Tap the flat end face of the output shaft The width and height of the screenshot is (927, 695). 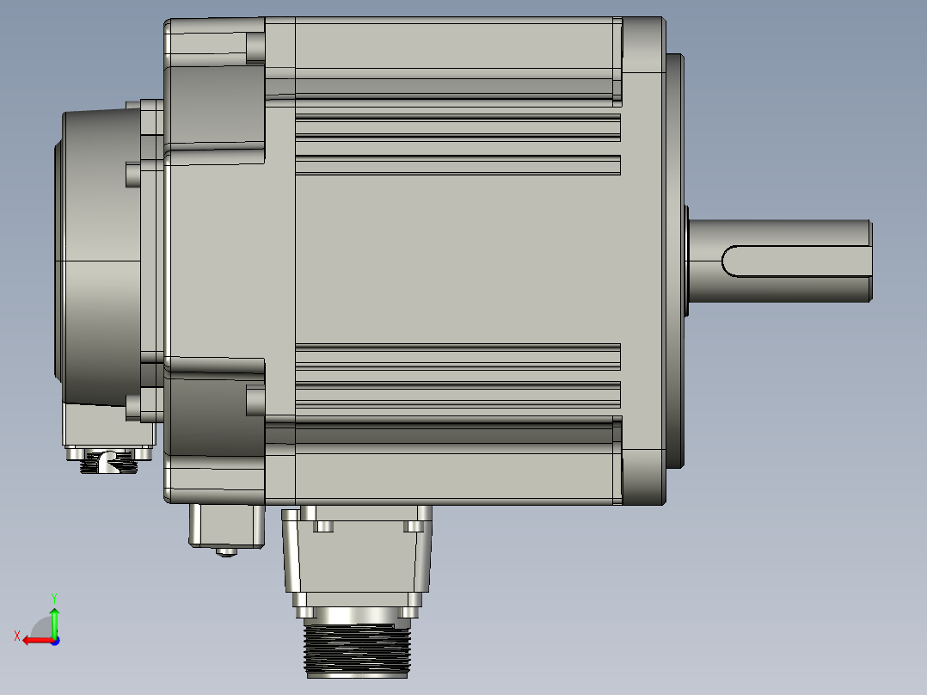click(x=869, y=261)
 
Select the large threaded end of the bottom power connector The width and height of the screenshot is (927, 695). click(x=356, y=648)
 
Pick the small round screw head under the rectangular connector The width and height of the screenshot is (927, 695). click(x=226, y=552)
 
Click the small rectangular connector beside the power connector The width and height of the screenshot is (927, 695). click(x=225, y=525)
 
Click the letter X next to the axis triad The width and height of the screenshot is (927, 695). click(x=17, y=636)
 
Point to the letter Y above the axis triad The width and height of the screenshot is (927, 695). click(x=53, y=596)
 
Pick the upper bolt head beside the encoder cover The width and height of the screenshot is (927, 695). click(x=132, y=175)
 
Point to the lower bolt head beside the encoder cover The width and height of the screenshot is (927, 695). click(x=132, y=404)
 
